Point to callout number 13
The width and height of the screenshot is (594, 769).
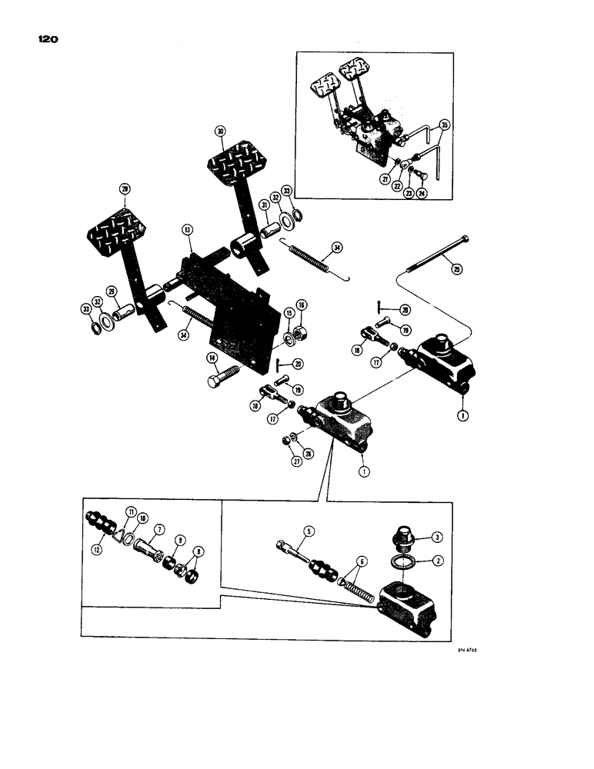click(186, 230)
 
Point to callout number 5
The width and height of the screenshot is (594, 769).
click(308, 530)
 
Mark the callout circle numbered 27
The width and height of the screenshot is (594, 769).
click(284, 461)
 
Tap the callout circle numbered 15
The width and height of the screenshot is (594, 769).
click(289, 313)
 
